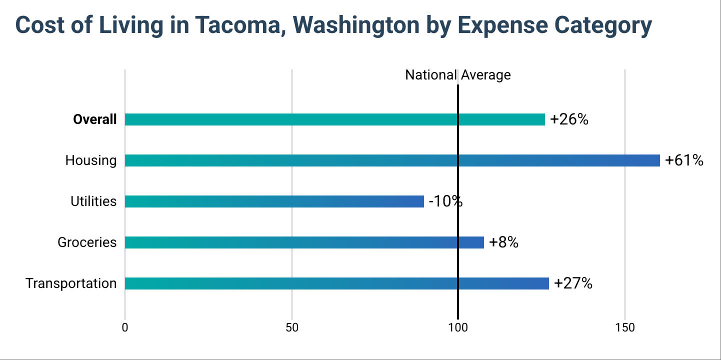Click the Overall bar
point(334,119)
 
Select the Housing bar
point(392,160)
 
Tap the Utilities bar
point(274,201)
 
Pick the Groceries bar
point(304,242)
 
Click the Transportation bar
point(336,283)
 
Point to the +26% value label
point(569,119)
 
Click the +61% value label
point(684,160)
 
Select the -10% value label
point(445,201)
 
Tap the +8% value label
point(503,242)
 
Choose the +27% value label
point(573,283)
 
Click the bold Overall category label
point(94,119)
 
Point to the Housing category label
point(90,160)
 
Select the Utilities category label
point(93,201)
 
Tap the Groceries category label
point(87,242)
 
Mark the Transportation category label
point(71,283)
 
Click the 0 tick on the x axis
point(124,328)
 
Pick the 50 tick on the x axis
point(291,328)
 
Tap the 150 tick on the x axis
point(625,328)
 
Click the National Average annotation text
point(457,75)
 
